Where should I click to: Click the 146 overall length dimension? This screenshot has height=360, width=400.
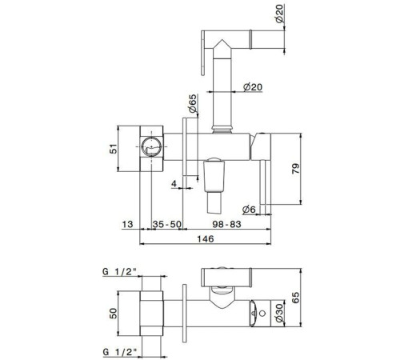pos(206,238)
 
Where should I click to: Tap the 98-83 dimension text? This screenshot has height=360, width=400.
pos(226,224)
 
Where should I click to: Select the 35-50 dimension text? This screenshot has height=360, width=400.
pos(167,224)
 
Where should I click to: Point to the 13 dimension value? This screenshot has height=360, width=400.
pos(127,224)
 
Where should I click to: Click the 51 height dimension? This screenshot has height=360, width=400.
pos(114,149)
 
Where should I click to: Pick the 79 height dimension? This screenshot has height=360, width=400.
pos(295,169)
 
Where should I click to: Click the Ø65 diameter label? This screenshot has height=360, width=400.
pos(192,103)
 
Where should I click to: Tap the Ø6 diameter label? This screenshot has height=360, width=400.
pos(249,210)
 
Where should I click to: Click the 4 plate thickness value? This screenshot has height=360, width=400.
pos(174,184)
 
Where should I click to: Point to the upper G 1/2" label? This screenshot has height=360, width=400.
pos(120,272)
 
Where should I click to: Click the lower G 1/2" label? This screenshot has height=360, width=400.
pos(120,352)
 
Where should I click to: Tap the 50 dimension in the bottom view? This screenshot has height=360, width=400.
pos(114,314)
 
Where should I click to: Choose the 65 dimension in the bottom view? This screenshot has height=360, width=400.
pos(295,298)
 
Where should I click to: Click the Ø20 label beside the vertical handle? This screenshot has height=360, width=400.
pos(253,87)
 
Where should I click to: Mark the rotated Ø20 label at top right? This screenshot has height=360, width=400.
pos(279,14)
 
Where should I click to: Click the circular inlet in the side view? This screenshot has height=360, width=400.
pos(151,146)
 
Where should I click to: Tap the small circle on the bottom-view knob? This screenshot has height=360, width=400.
pos(262,314)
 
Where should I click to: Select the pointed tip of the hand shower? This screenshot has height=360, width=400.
pos(222,40)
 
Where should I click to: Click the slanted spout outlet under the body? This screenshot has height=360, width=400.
pos(214,202)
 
